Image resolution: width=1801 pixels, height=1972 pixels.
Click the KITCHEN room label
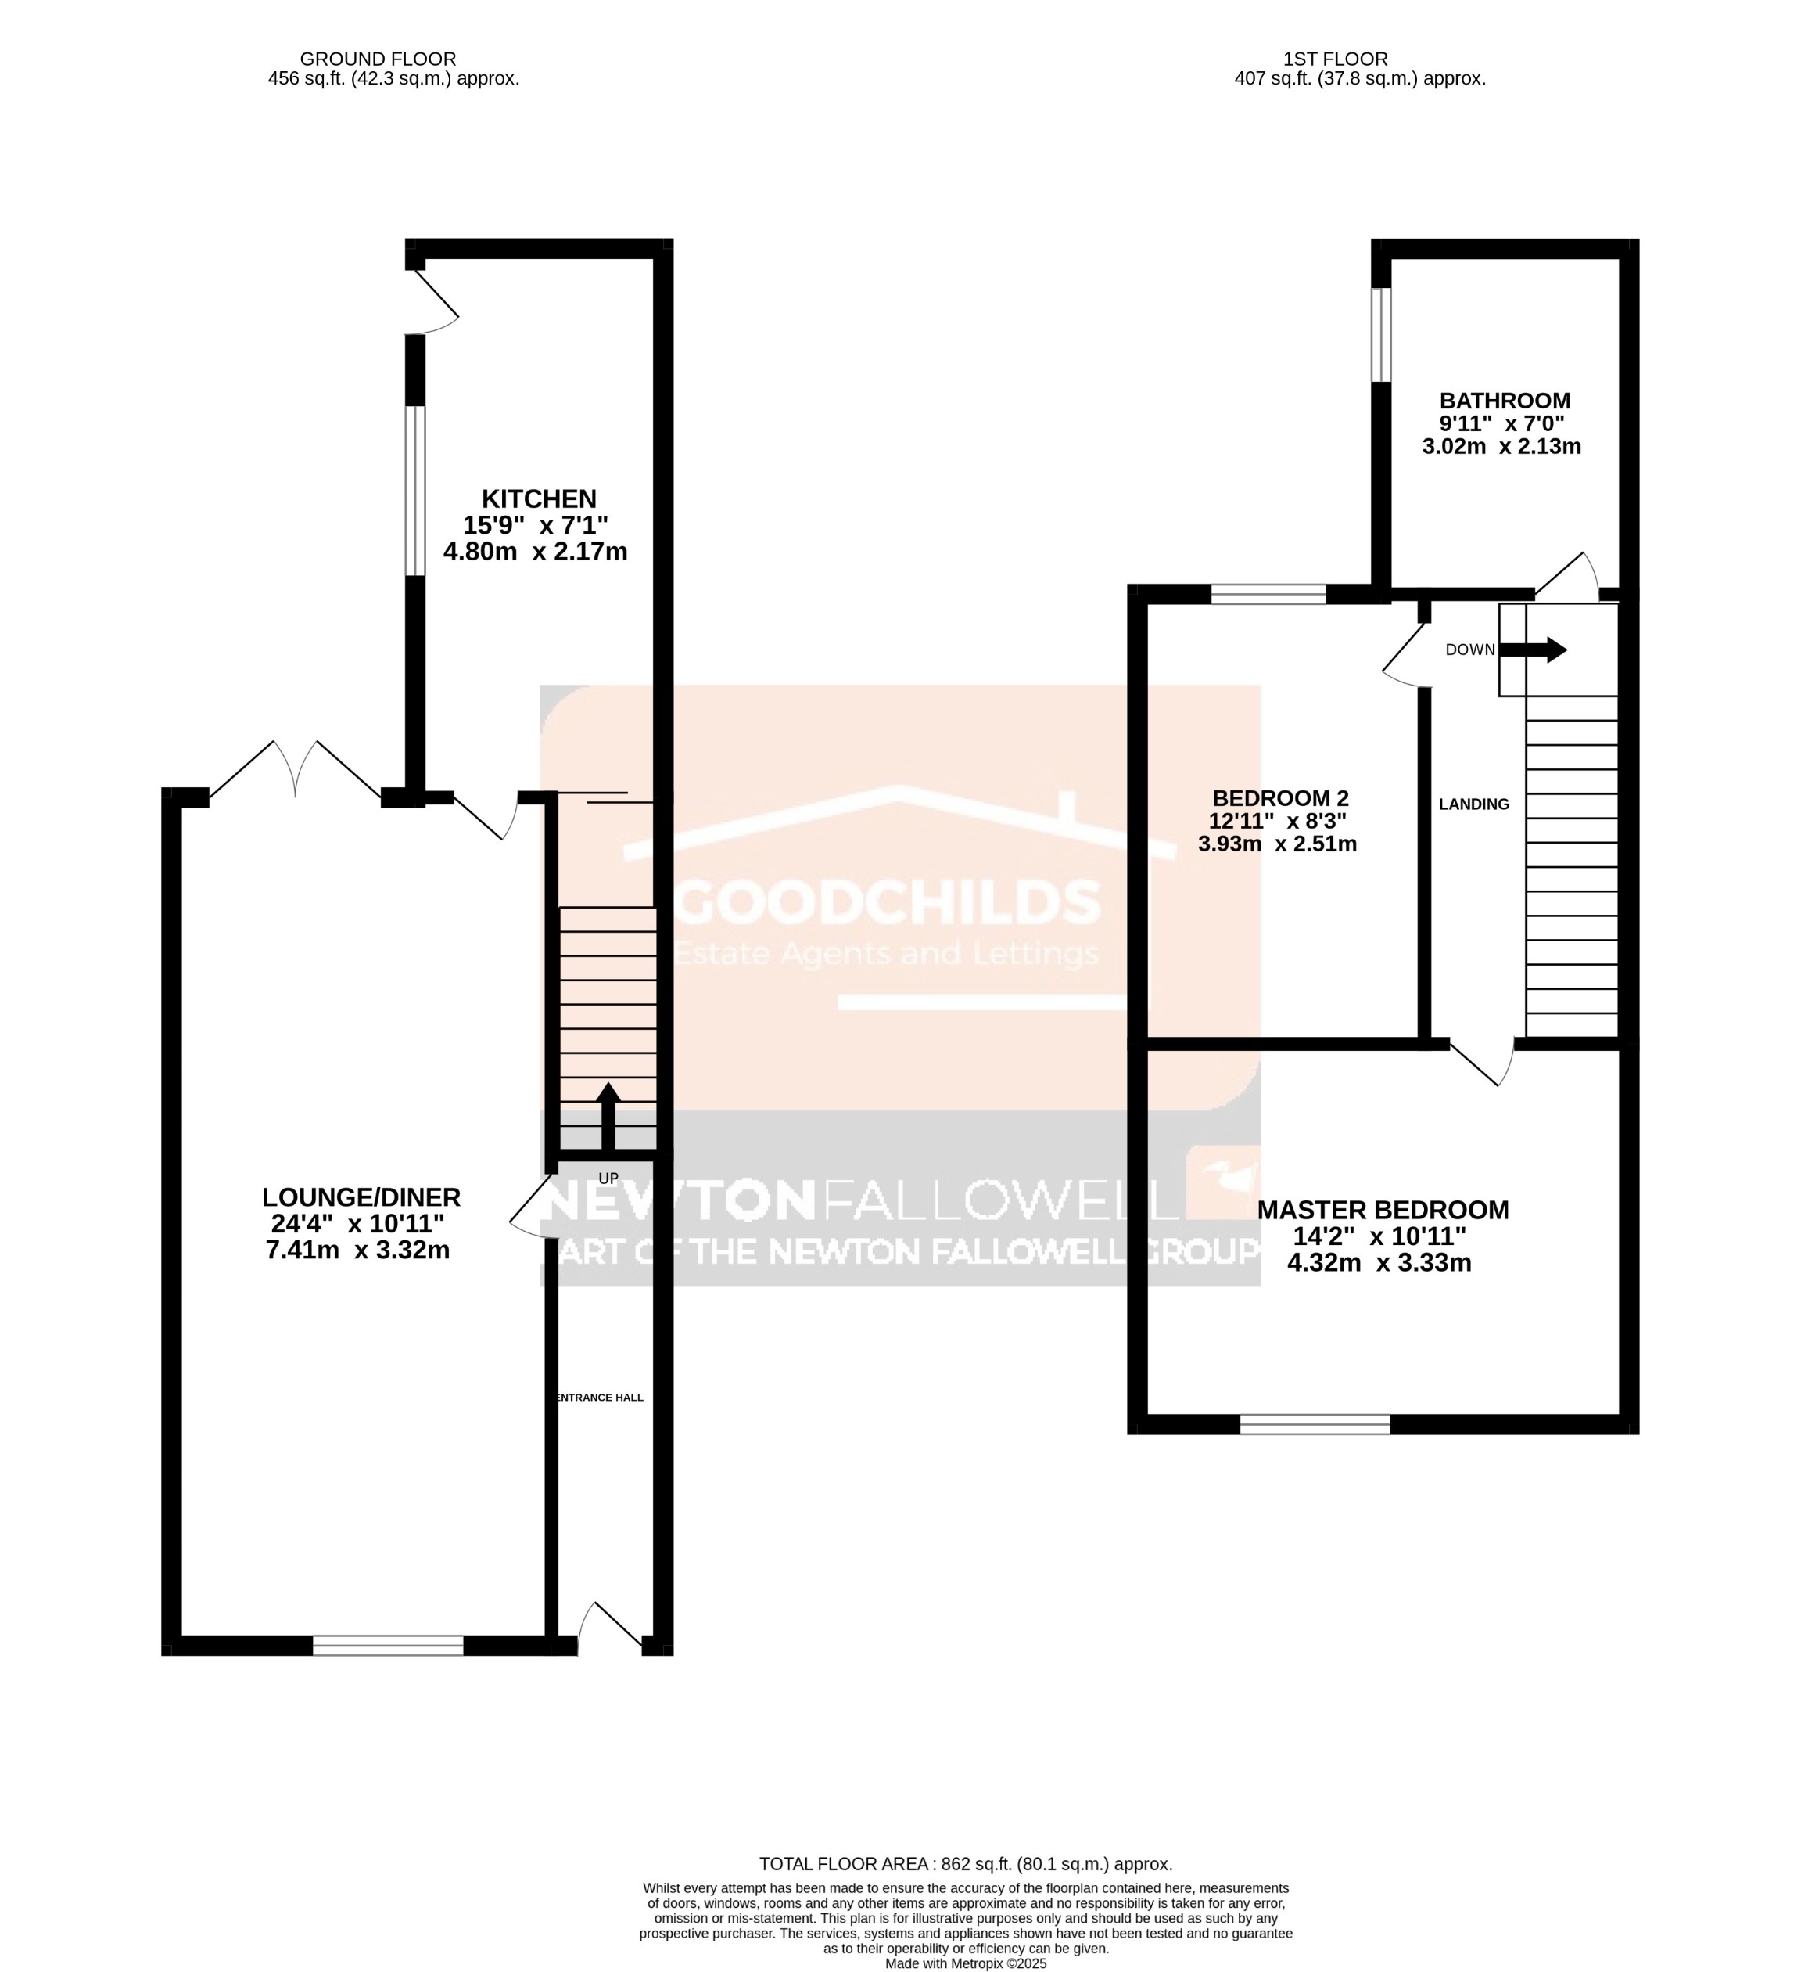[x=538, y=499]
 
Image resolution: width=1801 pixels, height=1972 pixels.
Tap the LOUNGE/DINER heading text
[x=361, y=1197]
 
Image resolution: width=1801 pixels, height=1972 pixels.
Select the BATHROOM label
[x=1504, y=401]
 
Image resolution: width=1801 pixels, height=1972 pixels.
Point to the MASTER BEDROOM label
[x=1382, y=1210]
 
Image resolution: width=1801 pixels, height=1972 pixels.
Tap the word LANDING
[x=1473, y=804]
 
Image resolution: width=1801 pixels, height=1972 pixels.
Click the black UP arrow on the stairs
[x=608, y=1116]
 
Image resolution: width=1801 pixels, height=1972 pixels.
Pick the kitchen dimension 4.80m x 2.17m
[x=535, y=552]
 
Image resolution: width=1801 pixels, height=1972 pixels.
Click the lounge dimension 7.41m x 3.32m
[x=358, y=1250]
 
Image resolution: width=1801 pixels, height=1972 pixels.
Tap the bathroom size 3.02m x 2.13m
[x=1501, y=447]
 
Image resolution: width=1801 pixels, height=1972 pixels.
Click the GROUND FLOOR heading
[x=378, y=59]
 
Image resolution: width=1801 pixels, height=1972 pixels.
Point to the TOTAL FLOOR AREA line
[x=965, y=1864]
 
